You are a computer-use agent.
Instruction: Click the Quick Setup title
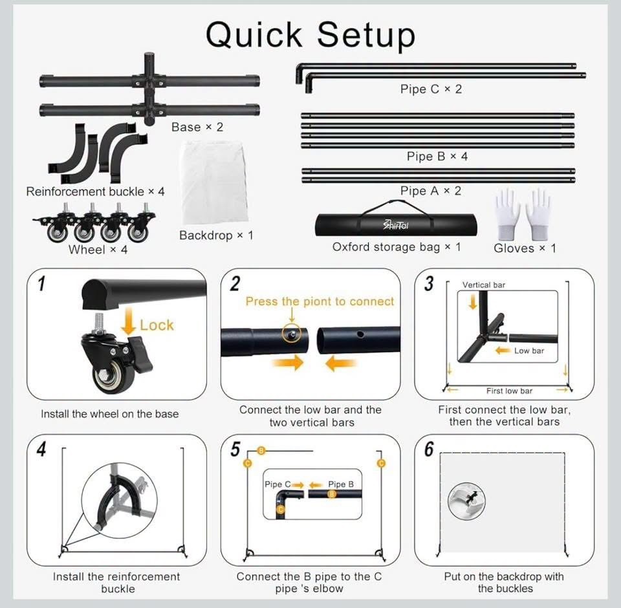(310, 36)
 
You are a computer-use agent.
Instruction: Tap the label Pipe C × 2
(431, 89)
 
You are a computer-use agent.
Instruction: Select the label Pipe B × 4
(437, 157)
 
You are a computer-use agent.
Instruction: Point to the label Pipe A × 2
(431, 191)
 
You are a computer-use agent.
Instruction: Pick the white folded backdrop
(215, 183)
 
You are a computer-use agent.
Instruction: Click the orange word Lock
(157, 325)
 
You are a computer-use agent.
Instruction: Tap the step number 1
(41, 283)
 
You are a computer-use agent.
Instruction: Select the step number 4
(41, 449)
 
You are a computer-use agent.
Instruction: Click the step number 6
(429, 449)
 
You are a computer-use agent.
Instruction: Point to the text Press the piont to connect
(320, 301)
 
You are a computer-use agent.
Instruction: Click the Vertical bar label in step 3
(484, 285)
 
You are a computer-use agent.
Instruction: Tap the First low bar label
(509, 391)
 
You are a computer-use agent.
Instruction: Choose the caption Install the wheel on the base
(110, 414)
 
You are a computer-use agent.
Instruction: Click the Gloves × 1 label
(525, 248)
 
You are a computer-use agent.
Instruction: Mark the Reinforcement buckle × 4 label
(96, 191)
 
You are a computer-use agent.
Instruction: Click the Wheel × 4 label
(98, 250)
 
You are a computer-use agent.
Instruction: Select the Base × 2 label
(197, 127)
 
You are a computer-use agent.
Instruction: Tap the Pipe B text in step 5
(341, 484)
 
